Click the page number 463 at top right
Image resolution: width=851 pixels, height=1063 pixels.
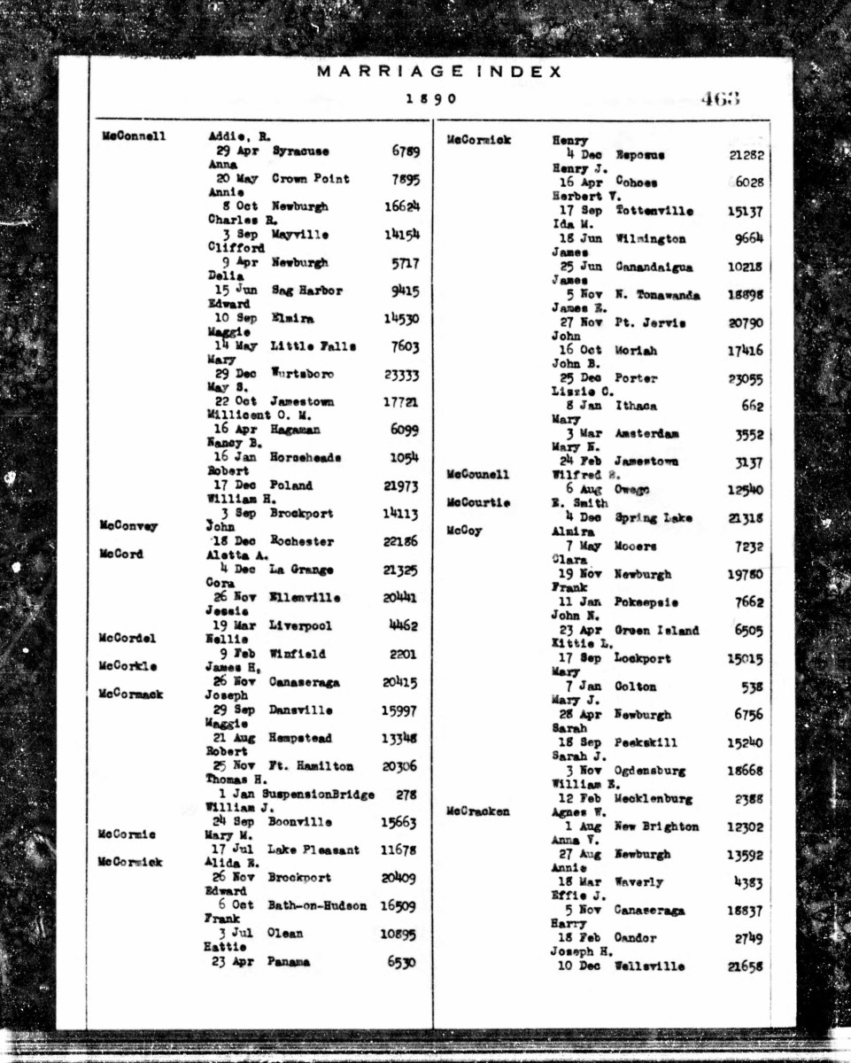[x=719, y=98]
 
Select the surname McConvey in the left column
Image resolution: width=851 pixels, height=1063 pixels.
[x=128, y=526]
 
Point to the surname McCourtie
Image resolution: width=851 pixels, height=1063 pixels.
[x=478, y=503]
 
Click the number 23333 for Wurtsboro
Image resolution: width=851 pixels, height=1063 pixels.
[x=401, y=375]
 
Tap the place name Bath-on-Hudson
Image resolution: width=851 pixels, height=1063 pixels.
[x=317, y=905]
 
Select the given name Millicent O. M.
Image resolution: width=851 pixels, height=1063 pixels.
[x=251, y=415]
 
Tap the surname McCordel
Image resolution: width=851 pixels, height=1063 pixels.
[x=128, y=639]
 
